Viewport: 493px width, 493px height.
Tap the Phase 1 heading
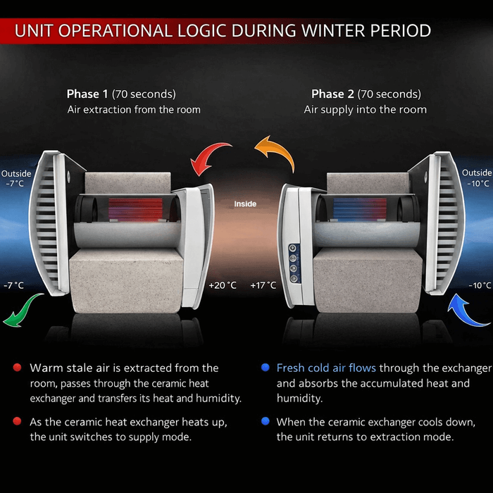tap(121, 94)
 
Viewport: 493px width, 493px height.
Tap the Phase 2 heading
tap(366, 94)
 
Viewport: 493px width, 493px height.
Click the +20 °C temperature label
tap(223, 285)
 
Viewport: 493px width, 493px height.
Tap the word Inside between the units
tap(246, 204)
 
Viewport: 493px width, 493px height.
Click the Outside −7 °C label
tap(15, 178)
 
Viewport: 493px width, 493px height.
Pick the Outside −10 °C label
tap(477, 177)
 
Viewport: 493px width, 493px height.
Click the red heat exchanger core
tap(134, 209)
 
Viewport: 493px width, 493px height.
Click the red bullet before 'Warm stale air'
tap(16, 368)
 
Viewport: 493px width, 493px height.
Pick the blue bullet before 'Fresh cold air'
tap(265, 368)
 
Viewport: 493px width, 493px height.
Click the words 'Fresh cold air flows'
tap(326, 368)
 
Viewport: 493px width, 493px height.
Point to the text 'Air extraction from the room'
tap(134, 110)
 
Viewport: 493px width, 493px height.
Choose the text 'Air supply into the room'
tap(366, 110)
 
